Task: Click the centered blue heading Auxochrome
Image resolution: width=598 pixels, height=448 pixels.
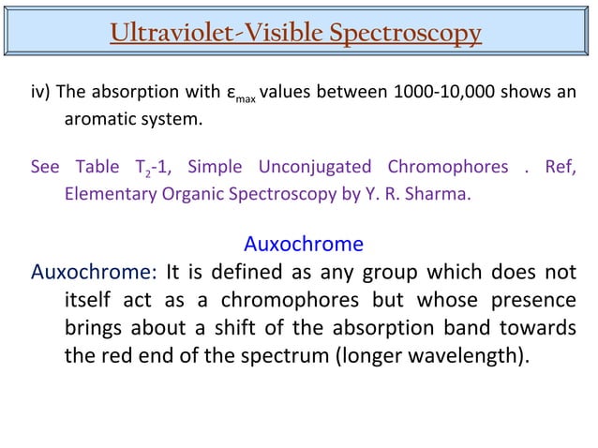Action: coord(303,245)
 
